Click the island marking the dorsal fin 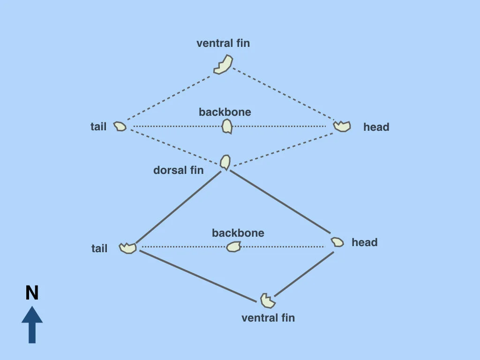click(x=225, y=162)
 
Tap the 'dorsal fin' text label click(x=179, y=170)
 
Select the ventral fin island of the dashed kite click(x=224, y=65)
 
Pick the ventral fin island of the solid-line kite click(x=267, y=299)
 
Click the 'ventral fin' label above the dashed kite click(x=223, y=44)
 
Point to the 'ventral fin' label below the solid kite click(x=268, y=318)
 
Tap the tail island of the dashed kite click(x=120, y=127)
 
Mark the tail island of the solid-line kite click(x=127, y=247)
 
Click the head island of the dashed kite click(x=342, y=126)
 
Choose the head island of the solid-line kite click(x=337, y=242)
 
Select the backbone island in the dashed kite click(x=227, y=126)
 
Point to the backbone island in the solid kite click(x=233, y=247)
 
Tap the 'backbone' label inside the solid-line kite click(x=238, y=233)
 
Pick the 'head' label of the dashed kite click(x=376, y=127)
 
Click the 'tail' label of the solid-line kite click(x=99, y=248)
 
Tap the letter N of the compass click(x=32, y=293)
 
